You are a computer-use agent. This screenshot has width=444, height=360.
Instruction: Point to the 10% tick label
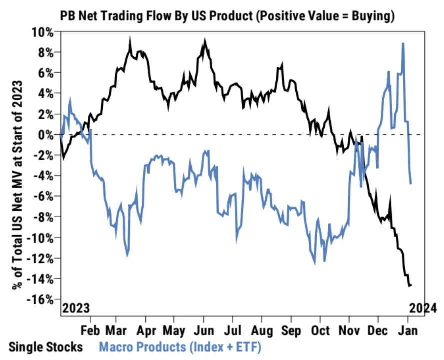(x=43, y=32)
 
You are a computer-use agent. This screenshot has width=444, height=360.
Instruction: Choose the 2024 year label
(x=423, y=308)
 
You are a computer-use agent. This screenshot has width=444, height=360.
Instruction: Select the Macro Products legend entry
(x=180, y=346)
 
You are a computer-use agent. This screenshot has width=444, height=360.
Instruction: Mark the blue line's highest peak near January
(x=403, y=44)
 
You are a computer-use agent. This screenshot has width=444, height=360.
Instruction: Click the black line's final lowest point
(x=409, y=286)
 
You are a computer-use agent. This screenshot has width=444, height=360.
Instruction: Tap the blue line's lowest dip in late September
(x=315, y=263)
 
